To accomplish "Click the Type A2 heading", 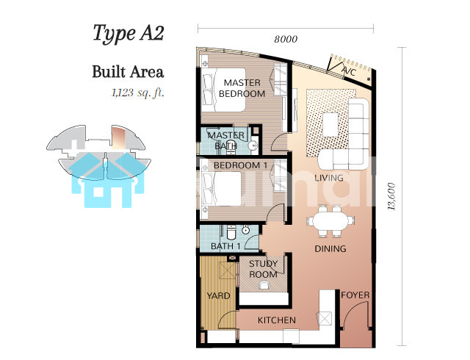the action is [x=129, y=33].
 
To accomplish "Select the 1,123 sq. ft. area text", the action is [x=138, y=93].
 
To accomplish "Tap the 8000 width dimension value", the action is [x=286, y=39].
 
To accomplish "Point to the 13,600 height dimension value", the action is [x=391, y=196].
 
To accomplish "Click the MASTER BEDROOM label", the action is [x=242, y=88].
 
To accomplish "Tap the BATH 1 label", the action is [x=225, y=246].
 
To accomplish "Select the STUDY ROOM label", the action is [x=263, y=269].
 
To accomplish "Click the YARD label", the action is [x=219, y=296].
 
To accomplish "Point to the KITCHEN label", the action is [x=277, y=320].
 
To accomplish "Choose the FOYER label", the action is [x=355, y=295].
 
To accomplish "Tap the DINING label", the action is [x=330, y=248].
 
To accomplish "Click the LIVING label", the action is [x=329, y=178].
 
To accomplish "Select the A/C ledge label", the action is [x=350, y=72].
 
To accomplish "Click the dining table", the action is [x=330, y=221].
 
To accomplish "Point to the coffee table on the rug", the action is [x=330, y=124].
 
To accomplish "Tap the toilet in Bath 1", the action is [x=231, y=231].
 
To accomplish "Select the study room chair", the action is [x=264, y=285].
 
